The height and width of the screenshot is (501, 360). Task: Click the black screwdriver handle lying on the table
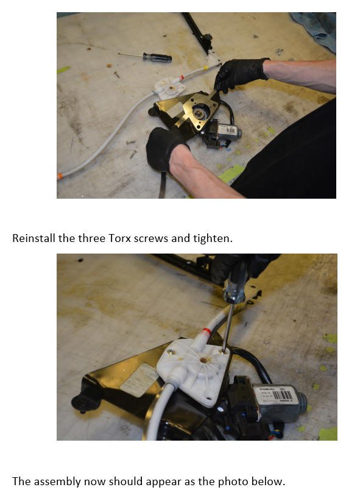tap(157, 58)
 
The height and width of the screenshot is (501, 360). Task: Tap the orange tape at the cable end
tap(60, 176)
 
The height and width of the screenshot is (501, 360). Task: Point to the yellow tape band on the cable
tap(206, 68)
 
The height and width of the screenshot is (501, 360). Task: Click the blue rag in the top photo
tap(315, 29)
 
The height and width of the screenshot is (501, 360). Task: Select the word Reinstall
tap(34, 238)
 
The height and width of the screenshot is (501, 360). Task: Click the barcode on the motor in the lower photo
tap(282, 396)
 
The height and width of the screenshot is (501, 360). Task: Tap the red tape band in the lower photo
tap(206, 331)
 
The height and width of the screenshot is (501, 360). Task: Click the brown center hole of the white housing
tap(203, 360)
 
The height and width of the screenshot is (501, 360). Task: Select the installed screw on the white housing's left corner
tap(171, 352)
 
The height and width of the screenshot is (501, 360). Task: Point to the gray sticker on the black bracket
tap(140, 380)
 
